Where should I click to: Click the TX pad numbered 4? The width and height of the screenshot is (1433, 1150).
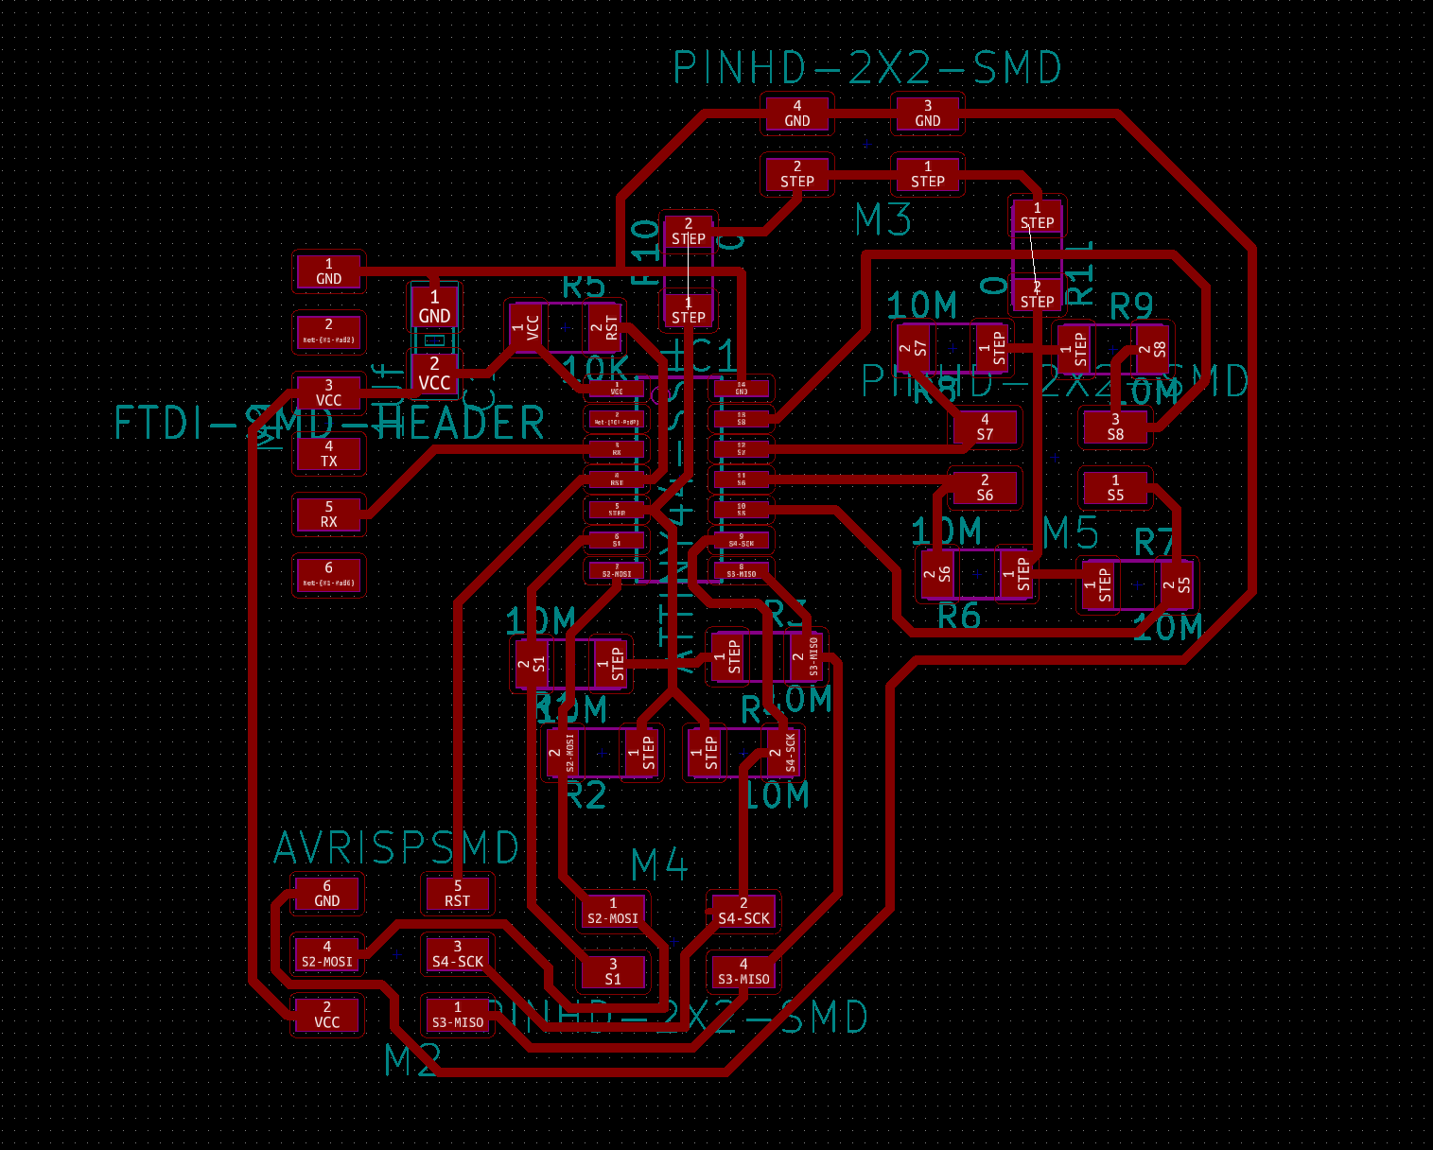coord(328,454)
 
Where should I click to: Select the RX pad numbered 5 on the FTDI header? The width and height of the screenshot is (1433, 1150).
coord(328,514)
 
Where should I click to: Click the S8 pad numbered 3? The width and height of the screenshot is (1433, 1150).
coord(1115,427)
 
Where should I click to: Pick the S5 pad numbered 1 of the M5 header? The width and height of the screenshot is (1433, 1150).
coord(1115,488)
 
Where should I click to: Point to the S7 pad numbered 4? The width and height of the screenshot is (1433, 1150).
coord(985,427)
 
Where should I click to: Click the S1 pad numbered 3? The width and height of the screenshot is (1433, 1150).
coord(613,971)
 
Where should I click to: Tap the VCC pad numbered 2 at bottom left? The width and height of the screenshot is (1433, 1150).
coord(327,1015)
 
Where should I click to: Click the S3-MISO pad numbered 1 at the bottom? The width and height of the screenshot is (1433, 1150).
coord(458,1015)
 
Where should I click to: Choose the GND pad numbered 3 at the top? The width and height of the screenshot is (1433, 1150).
coord(927,113)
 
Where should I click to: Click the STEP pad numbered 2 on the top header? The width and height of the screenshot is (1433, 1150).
coord(797,174)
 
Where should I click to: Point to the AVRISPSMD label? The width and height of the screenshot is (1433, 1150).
coord(396,848)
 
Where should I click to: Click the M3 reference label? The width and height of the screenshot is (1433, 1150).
coord(883,220)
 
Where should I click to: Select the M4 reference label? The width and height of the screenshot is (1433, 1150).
coord(659,864)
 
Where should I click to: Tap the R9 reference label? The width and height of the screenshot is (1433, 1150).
coord(1131,306)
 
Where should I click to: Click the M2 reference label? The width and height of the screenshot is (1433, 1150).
coord(412,1061)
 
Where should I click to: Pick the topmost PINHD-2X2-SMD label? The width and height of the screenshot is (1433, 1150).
coord(867,68)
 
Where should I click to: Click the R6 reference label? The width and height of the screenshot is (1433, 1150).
coord(958,617)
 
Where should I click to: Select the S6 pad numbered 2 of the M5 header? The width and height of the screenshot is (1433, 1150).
coord(985,488)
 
